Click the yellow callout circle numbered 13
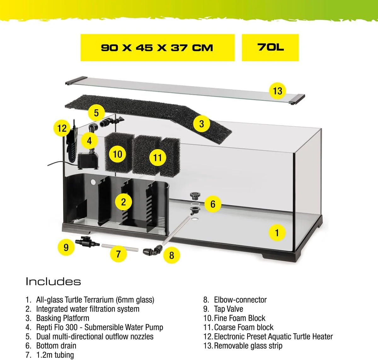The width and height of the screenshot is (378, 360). coord(277,91)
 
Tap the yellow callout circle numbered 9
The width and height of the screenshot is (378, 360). coord(66,247)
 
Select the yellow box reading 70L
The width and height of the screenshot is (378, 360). coord(270,48)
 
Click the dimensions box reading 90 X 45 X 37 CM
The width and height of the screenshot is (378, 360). coord(157,48)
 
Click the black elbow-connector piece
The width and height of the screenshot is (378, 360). coord(153,250)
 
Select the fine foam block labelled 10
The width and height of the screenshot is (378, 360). coord(119,152)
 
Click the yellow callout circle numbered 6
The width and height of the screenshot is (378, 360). coord(213,204)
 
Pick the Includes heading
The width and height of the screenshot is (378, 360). coord(53,282)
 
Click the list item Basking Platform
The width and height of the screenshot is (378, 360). coord(57,318)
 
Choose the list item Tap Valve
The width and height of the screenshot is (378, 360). coord(223,309)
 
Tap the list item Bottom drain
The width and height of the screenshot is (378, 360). coord(51,346)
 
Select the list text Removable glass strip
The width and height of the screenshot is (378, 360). coord(248,346)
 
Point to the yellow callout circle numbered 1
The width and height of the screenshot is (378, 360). coord(277,233)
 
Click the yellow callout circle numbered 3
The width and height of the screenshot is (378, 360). coord(202,124)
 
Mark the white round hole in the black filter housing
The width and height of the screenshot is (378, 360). coord(93,182)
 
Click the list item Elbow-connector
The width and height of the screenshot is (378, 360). coord(235,299)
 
